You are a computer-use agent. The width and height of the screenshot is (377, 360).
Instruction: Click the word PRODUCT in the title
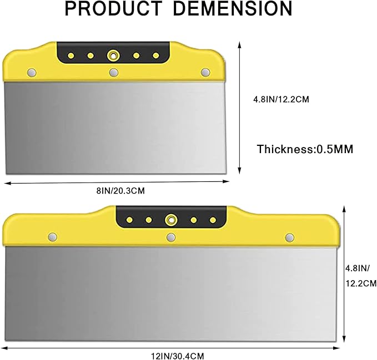[x=113, y=8]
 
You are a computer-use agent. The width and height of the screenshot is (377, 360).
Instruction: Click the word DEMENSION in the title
[x=233, y=8]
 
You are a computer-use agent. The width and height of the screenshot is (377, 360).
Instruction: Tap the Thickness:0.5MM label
[x=305, y=149]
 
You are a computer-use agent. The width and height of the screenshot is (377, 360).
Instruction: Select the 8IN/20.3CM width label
[x=120, y=191]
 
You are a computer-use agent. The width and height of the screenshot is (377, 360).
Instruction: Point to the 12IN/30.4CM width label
[x=178, y=356]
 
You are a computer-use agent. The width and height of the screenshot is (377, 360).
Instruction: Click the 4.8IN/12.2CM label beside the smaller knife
[x=281, y=99]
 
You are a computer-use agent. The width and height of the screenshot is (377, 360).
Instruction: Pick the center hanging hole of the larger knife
[x=171, y=220]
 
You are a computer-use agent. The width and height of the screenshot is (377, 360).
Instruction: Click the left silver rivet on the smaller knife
[x=32, y=73]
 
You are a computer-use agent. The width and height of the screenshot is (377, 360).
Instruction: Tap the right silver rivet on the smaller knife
[x=205, y=72]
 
